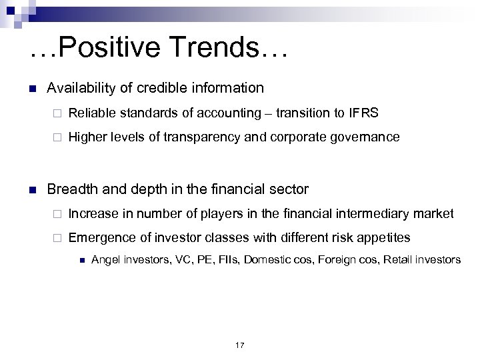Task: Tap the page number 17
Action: pyautogui.click(x=240, y=345)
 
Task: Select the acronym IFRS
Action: pyautogui.click(x=364, y=113)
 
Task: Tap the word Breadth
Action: pyautogui.click(x=71, y=189)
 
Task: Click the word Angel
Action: pyautogui.click(x=104, y=259)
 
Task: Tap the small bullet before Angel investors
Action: pyautogui.click(x=79, y=259)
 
